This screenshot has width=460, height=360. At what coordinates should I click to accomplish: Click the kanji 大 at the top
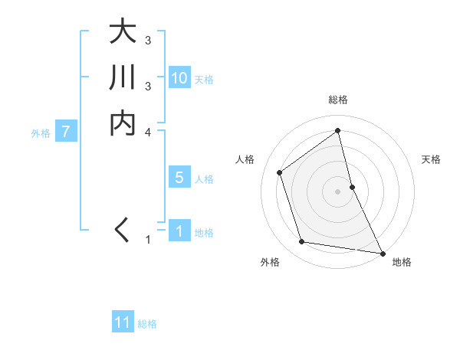[123, 33]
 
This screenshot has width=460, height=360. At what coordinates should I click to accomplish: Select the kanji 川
[123, 78]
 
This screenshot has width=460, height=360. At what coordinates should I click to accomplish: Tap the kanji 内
[123, 123]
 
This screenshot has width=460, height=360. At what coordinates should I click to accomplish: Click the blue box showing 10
[179, 78]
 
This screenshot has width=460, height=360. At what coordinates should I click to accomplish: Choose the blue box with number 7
[66, 132]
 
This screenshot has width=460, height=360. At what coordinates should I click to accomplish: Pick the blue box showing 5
[179, 178]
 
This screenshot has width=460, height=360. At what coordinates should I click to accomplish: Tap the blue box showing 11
[123, 322]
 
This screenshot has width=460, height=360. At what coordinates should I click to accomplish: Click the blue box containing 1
[179, 231]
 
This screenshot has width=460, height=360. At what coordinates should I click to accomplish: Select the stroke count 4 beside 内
[148, 132]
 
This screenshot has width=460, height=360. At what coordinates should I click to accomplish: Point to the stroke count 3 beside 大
[148, 40]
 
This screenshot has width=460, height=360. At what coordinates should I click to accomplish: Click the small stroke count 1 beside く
[148, 240]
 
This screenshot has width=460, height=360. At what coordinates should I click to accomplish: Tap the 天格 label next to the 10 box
[204, 79]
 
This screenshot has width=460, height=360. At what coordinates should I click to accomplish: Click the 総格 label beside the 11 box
[147, 324]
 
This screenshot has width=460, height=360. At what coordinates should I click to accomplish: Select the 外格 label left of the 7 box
[41, 133]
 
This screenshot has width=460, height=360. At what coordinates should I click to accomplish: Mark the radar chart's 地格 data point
[382, 253]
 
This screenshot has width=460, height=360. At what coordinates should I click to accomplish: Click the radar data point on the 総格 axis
[338, 130]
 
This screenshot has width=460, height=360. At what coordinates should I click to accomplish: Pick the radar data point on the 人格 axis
[280, 172]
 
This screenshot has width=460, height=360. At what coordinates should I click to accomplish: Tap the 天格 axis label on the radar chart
[432, 159]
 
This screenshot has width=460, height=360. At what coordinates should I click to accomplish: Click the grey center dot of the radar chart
[338, 191]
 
